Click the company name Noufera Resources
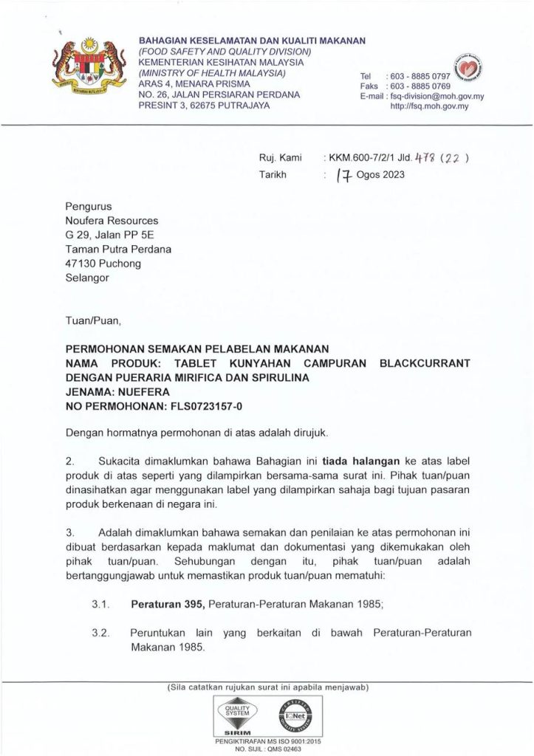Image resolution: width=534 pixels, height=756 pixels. coord(112,220)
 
